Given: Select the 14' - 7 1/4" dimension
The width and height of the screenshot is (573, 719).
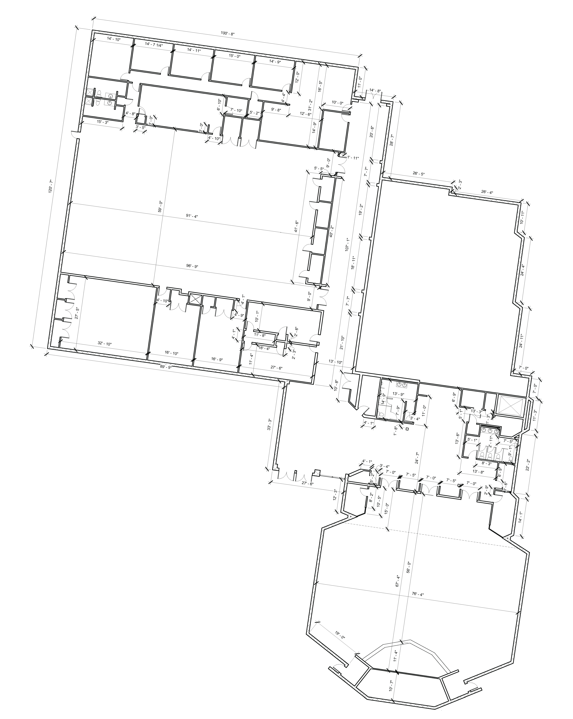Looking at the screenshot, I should click(154, 45).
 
